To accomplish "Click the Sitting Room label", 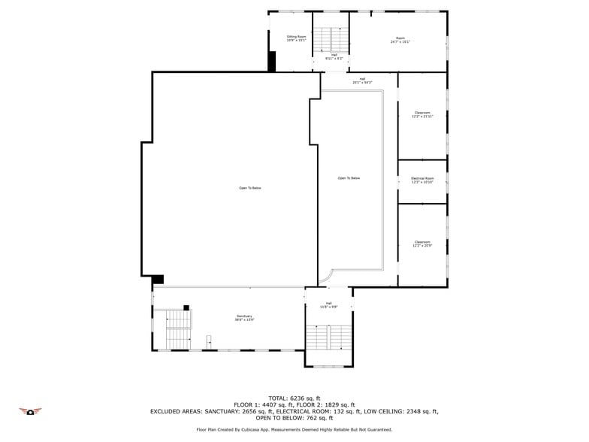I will pos(297,38).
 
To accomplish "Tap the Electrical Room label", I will pos(422,180).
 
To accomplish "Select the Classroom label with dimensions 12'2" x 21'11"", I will pos(422,115).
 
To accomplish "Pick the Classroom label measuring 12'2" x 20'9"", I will pos(422,244).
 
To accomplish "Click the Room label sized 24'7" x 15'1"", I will pos(400,40).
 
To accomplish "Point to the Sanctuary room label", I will pos(244,318).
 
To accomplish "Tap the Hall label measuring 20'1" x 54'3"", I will pos(361,80).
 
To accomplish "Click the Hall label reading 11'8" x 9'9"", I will pos(328,305).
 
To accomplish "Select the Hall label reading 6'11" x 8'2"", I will pos(334,56).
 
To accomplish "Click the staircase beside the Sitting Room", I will pos(331,38).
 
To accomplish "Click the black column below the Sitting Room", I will pos(272,61).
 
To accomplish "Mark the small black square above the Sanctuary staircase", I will pos(186,307).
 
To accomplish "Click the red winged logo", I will pos(30,411).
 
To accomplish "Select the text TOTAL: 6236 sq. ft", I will pos(294,398).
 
